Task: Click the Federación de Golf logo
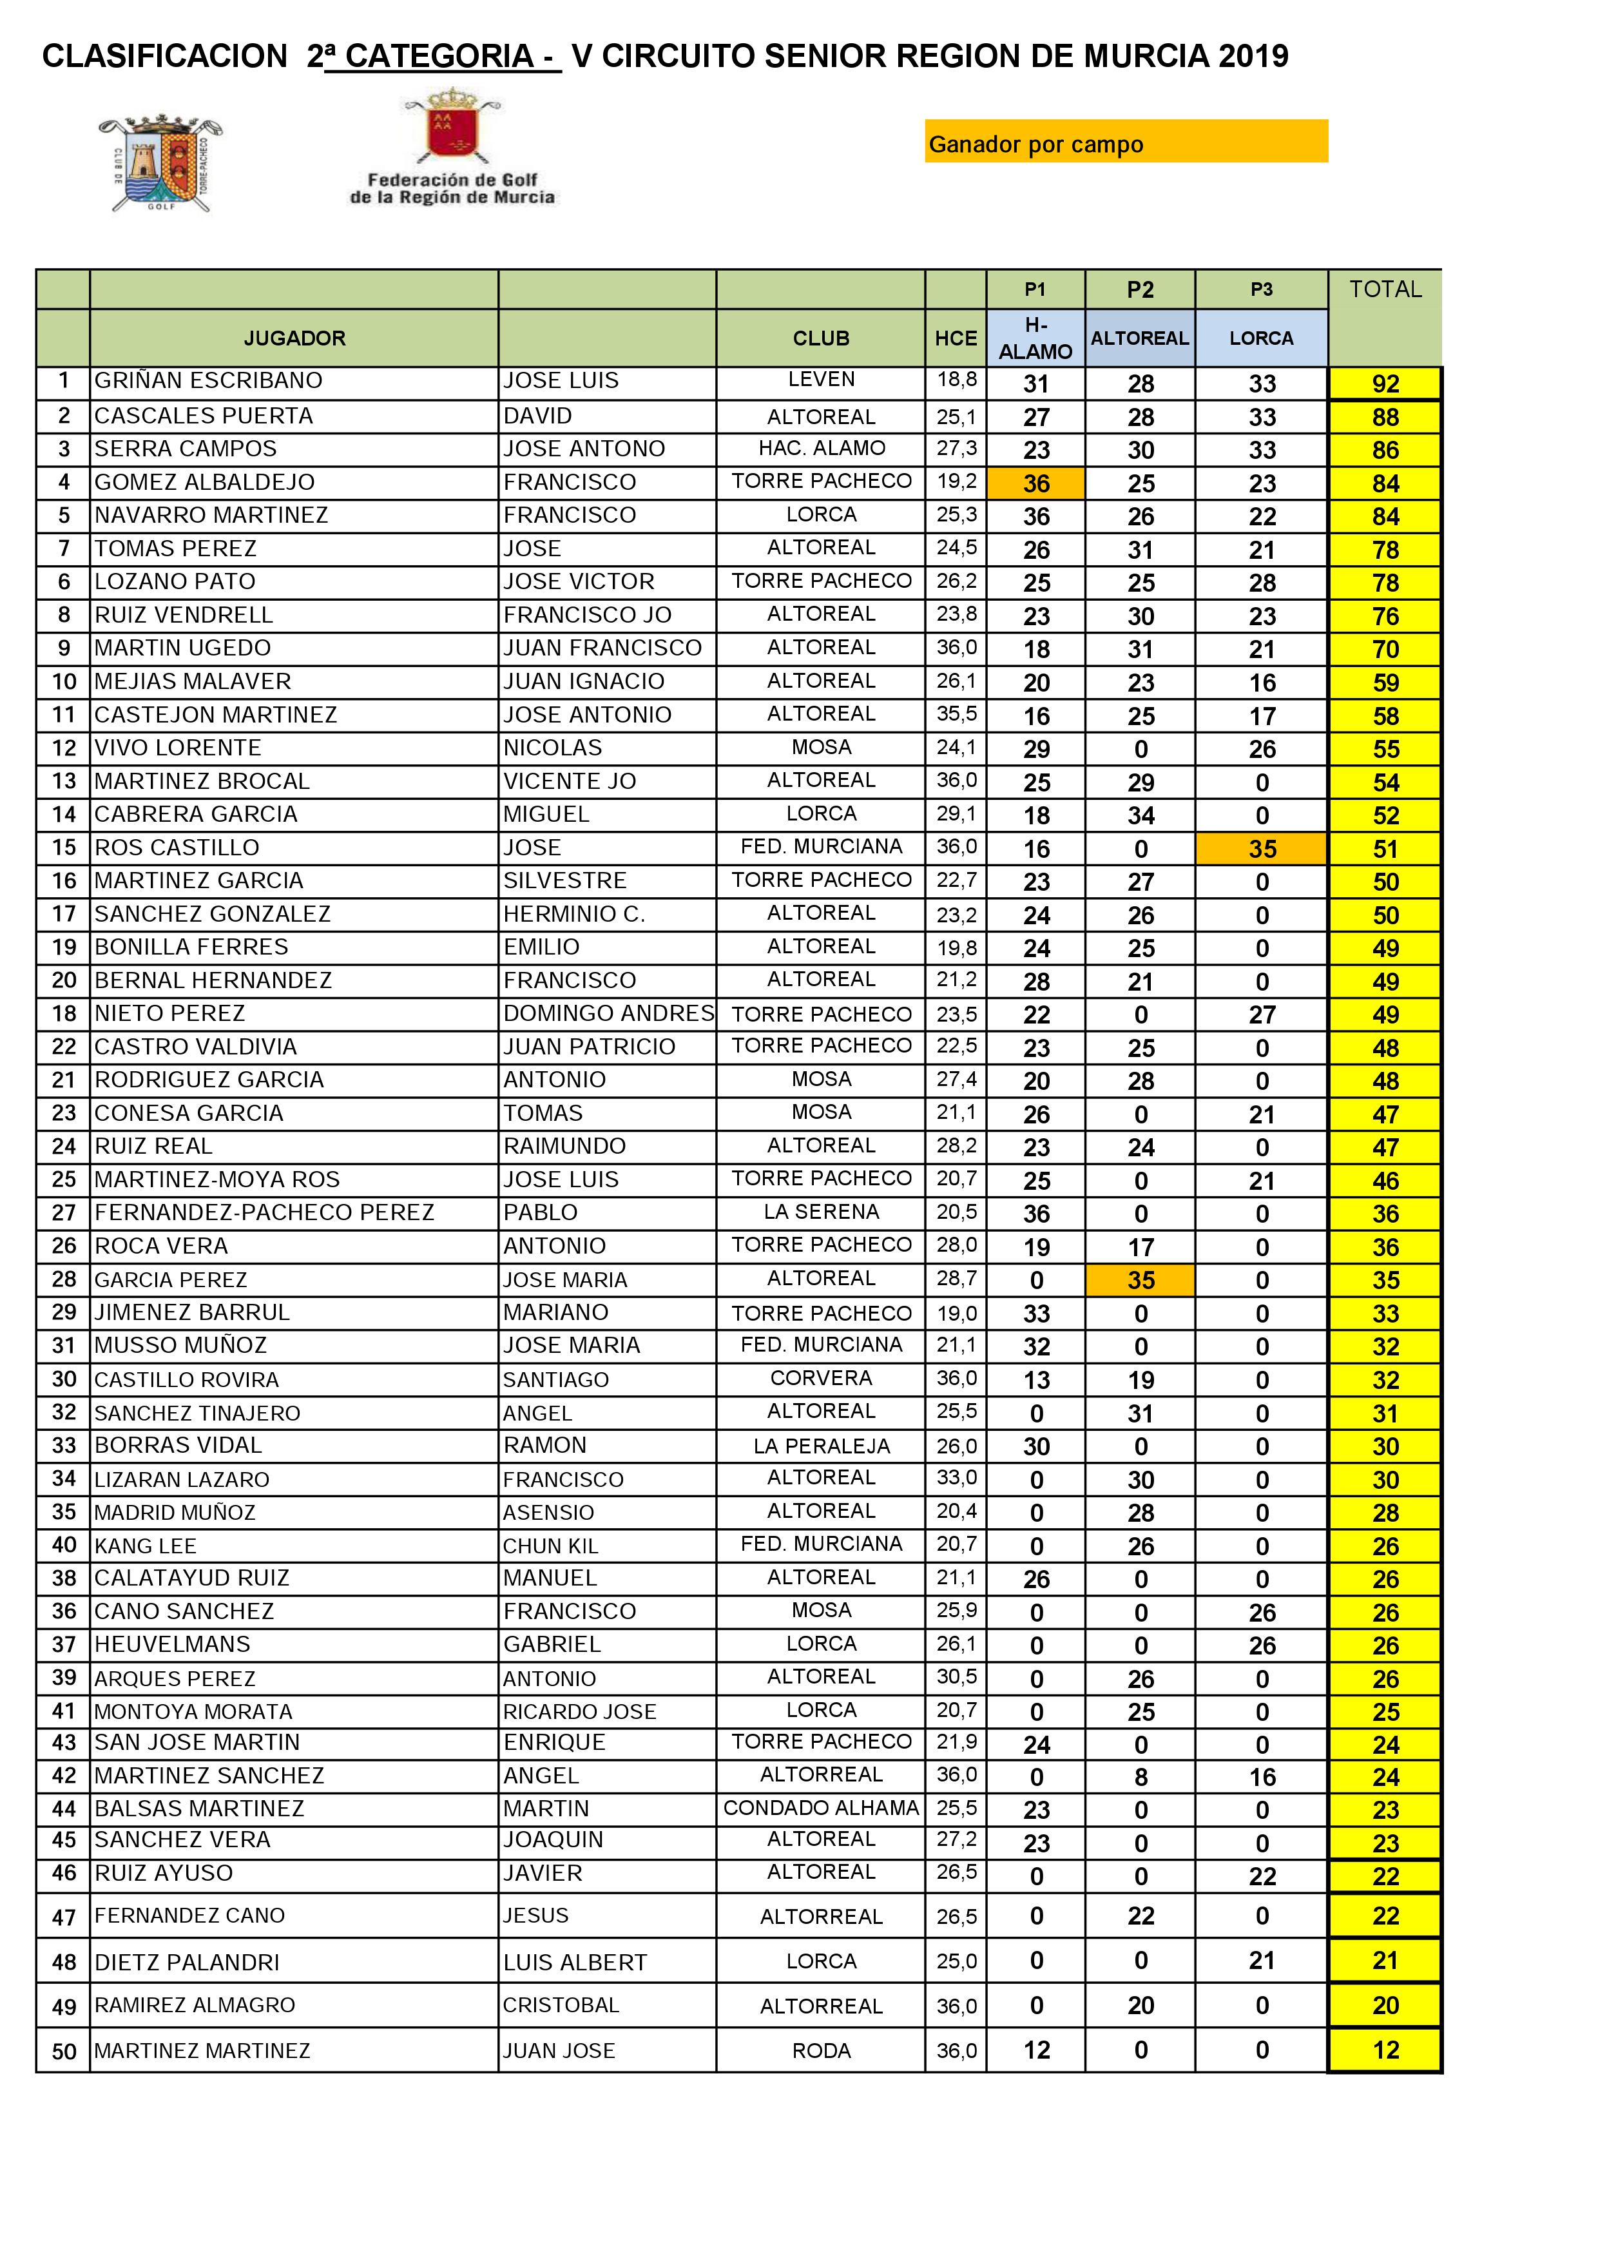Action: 452,148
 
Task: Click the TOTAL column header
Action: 1384,289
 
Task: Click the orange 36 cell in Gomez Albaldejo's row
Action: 1035,483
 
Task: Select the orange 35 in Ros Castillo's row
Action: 1261,849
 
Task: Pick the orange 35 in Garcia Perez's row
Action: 1140,1280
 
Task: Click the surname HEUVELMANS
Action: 172,1645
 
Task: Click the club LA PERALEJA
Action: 821,1446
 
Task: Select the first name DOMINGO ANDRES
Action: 608,1013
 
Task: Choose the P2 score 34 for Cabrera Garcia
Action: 1140,815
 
